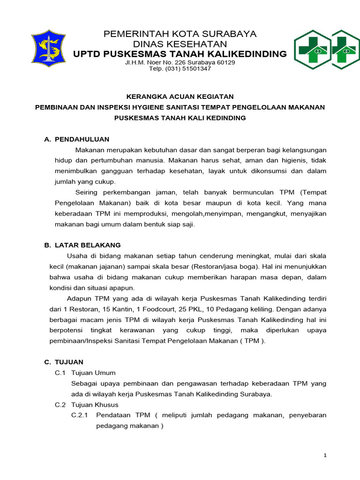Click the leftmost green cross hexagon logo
pyautogui.click(x=312, y=50)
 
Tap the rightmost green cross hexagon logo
pyautogui.click(x=345, y=50)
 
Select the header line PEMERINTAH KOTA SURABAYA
pyautogui.click(x=180, y=34)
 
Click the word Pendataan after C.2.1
pyautogui.click(x=115, y=415)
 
